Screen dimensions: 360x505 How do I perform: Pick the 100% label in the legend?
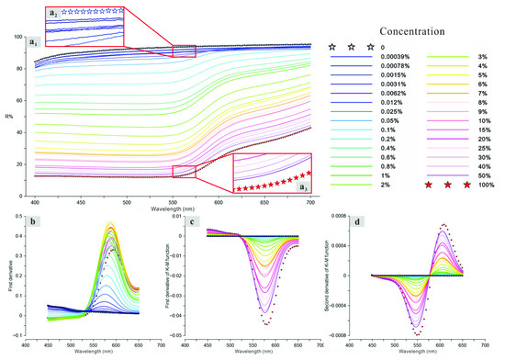point(487,186)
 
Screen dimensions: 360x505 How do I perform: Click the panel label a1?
point(33,41)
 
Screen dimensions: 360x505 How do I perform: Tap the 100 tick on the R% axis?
point(17,36)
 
